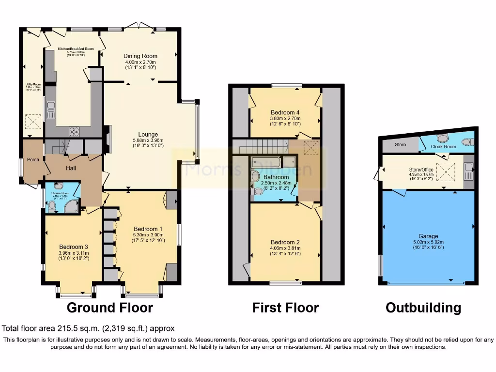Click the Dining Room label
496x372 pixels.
click(x=140, y=56)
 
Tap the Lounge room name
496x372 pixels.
click(x=147, y=135)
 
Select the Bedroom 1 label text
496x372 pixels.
click(x=148, y=229)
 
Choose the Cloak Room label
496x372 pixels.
click(x=443, y=146)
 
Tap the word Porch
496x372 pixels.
click(x=33, y=160)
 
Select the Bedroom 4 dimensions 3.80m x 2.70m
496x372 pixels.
click(x=285, y=118)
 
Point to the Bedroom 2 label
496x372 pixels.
click(x=285, y=242)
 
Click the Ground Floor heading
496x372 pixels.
click(x=109, y=308)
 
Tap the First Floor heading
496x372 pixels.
click(x=285, y=308)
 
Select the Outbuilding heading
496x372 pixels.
click(x=423, y=308)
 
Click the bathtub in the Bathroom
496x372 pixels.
click(x=266, y=162)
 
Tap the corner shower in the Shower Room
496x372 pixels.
click(x=72, y=207)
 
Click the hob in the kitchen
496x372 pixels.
click(x=75, y=130)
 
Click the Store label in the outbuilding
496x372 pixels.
click(x=400, y=144)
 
